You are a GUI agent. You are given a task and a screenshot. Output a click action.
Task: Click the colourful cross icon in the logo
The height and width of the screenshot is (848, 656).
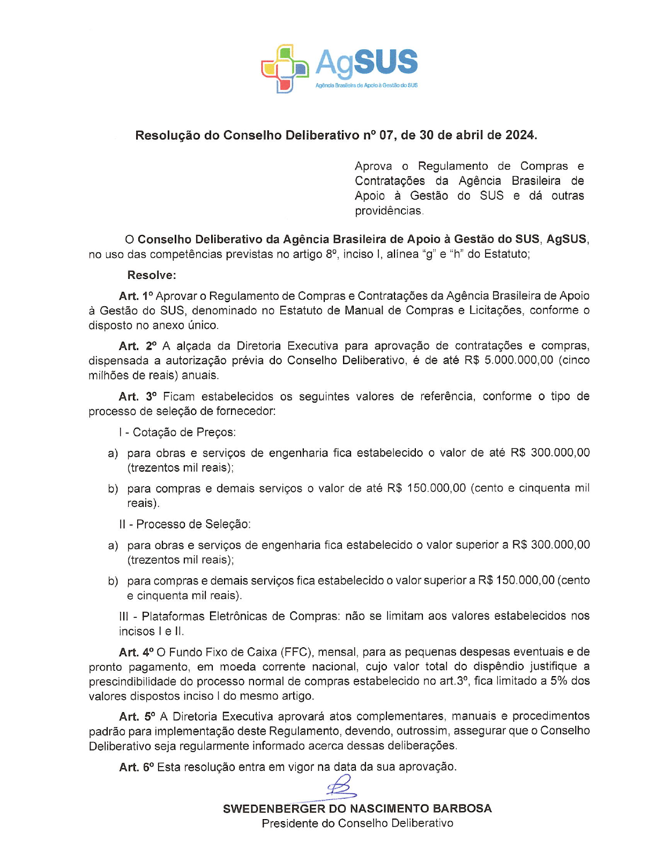[x=285, y=68]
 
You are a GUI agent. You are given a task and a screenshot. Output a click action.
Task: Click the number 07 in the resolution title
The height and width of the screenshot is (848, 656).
[x=386, y=135]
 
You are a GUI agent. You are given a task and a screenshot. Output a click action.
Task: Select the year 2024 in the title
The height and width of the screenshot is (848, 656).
[x=519, y=135]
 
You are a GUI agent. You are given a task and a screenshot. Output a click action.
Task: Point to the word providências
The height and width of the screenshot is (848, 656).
[x=389, y=211]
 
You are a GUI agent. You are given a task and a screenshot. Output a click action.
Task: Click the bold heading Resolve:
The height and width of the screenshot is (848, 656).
[x=152, y=275]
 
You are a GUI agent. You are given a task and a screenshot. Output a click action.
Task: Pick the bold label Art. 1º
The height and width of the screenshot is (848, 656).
[x=136, y=296]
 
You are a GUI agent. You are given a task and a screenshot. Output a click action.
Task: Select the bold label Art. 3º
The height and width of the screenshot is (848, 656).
[x=138, y=397]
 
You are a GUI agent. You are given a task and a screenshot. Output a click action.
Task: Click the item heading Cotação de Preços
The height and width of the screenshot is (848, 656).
[x=184, y=433]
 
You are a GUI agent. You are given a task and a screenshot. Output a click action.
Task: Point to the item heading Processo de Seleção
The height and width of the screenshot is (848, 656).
[x=193, y=524]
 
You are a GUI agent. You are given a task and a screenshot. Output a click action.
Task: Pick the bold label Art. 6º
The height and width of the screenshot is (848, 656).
[x=136, y=767]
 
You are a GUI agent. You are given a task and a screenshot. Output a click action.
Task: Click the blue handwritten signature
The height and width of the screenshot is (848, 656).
[x=339, y=788]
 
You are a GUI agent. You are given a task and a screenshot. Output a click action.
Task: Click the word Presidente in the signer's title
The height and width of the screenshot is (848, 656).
[x=289, y=823]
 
